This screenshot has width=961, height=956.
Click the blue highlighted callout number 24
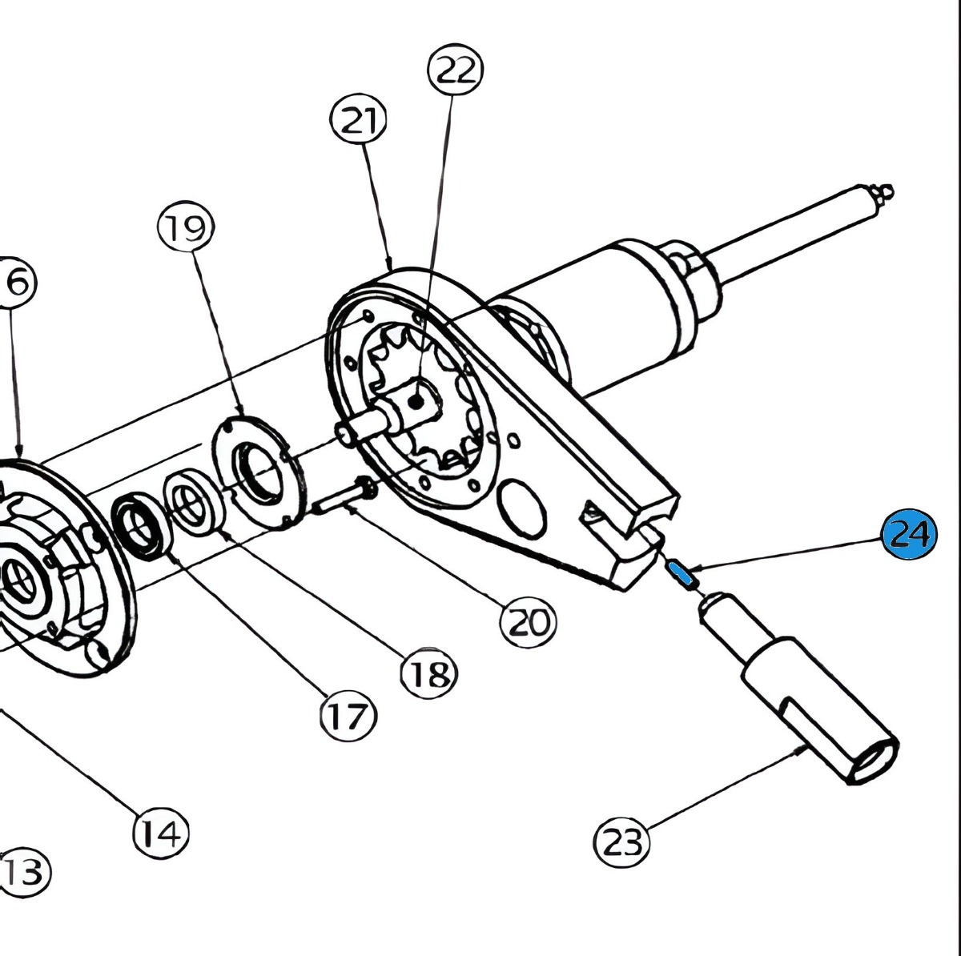click(x=908, y=533)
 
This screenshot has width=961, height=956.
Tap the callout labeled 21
click(x=358, y=121)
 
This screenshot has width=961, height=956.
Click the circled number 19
click(x=185, y=229)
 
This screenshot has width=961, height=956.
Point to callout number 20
click(x=528, y=621)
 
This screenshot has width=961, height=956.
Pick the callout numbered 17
click(x=348, y=716)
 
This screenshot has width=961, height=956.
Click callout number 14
click(x=160, y=833)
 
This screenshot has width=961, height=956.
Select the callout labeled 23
click(x=621, y=842)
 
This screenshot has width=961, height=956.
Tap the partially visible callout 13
click(x=24, y=872)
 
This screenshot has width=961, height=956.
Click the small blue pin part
click(x=683, y=572)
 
